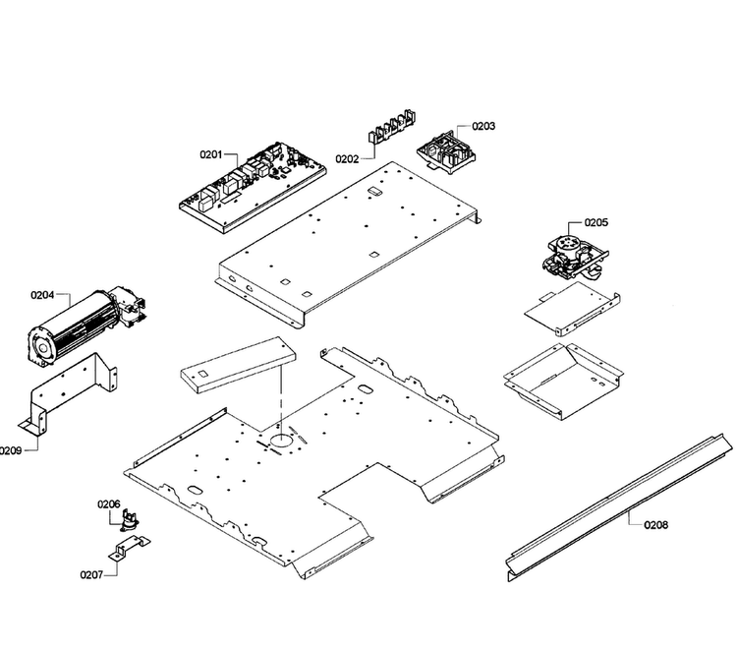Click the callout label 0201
[211, 154]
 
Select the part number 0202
[347, 159]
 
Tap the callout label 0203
[483, 126]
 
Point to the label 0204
[42, 295]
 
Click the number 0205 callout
[596, 222]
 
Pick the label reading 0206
[108, 504]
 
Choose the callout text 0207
[91, 574]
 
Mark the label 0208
[655, 524]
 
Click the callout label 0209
[11, 450]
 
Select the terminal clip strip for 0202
[393, 126]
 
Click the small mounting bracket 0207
[130, 548]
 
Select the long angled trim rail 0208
[619, 508]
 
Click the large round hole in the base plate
[281, 440]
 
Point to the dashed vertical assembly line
[281, 395]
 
